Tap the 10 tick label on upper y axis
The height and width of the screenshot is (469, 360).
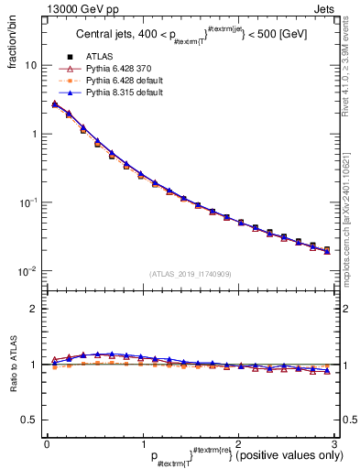click(x=29, y=66)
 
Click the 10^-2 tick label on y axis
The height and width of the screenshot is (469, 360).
click(x=27, y=270)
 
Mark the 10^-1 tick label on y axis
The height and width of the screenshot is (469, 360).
click(x=27, y=202)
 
